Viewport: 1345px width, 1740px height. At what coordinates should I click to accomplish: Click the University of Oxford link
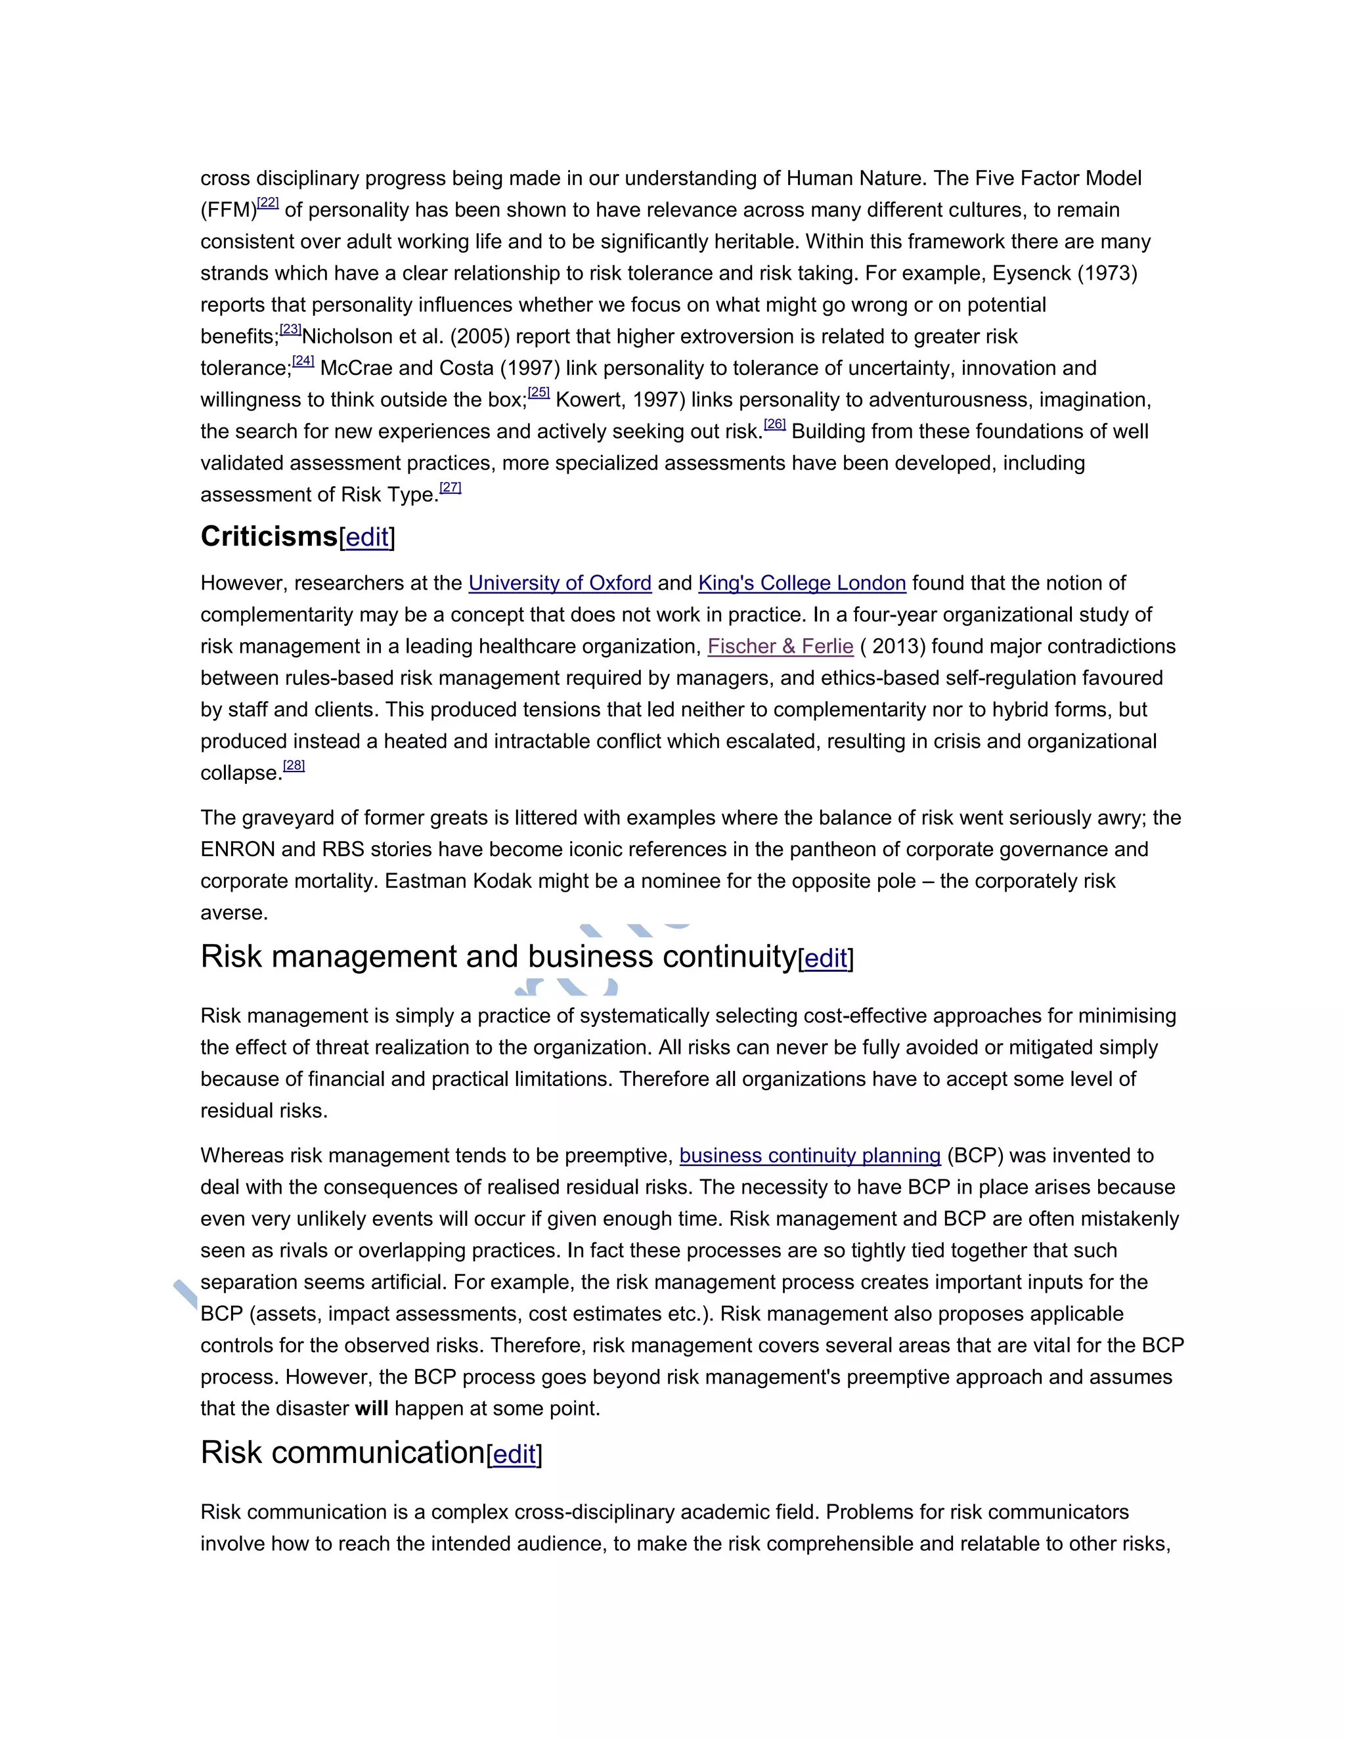pyautogui.click(x=560, y=583)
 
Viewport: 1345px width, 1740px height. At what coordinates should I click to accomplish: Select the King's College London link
pyautogui.click(x=802, y=583)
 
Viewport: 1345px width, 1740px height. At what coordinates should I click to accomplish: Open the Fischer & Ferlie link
pyautogui.click(x=780, y=646)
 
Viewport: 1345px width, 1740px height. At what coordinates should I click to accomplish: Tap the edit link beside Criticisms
pyautogui.click(x=366, y=538)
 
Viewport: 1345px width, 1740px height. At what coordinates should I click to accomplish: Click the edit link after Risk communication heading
pyautogui.click(x=514, y=1454)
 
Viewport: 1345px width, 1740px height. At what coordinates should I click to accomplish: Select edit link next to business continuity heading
pyautogui.click(x=826, y=959)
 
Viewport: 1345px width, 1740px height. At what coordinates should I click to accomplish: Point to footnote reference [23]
pyautogui.click(x=290, y=329)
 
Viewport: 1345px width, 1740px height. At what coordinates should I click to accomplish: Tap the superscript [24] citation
pyautogui.click(x=303, y=361)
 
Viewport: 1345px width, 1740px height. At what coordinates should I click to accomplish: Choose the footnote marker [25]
pyautogui.click(x=539, y=393)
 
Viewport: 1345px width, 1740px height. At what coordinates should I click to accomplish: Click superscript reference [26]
pyautogui.click(x=774, y=425)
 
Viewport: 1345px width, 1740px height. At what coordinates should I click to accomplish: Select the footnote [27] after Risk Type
pyautogui.click(x=450, y=488)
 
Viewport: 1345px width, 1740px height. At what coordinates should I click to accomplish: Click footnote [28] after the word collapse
pyautogui.click(x=294, y=766)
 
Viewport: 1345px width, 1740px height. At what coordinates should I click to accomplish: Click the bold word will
pyautogui.click(x=371, y=1408)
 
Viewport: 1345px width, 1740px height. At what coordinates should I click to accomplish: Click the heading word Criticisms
pyautogui.click(x=269, y=537)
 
